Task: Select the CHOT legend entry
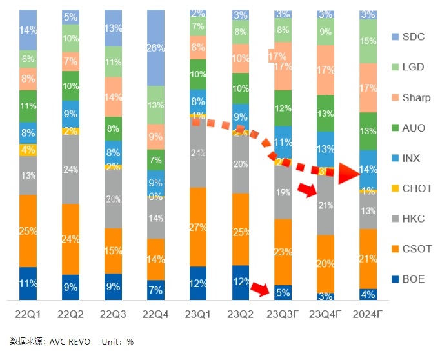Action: tap(412, 188)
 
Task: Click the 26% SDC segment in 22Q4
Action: tap(155, 48)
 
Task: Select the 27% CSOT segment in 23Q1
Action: tap(197, 226)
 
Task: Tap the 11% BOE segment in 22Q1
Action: tap(28, 283)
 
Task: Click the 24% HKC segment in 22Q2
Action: tap(70, 169)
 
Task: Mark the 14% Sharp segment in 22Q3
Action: tap(113, 97)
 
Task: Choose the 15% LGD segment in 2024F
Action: tap(368, 41)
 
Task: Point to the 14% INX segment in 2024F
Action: tap(368, 170)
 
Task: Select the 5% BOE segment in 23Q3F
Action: tap(283, 292)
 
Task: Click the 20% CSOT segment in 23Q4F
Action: tap(325, 263)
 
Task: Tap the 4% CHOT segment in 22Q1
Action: tap(28, 150)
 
